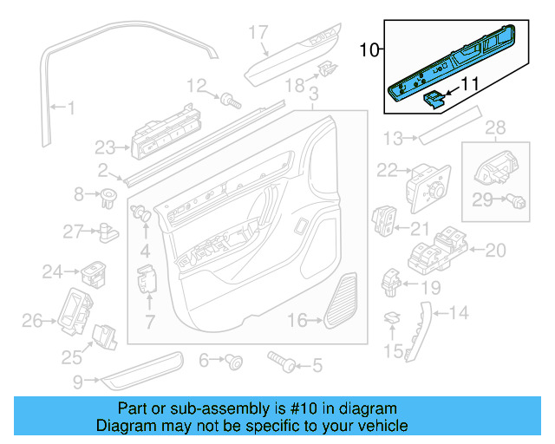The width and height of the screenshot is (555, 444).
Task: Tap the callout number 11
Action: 468,85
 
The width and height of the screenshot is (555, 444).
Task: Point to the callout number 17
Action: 259,33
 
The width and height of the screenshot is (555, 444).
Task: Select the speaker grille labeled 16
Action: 343,301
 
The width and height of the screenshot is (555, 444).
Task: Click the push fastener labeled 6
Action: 232,360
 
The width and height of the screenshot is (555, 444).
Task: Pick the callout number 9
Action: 78,380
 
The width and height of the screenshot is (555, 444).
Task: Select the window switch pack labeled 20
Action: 438,250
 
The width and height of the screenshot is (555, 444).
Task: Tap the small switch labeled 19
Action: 392,281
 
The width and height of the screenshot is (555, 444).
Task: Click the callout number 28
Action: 494,129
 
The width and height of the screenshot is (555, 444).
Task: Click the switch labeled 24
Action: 93,273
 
